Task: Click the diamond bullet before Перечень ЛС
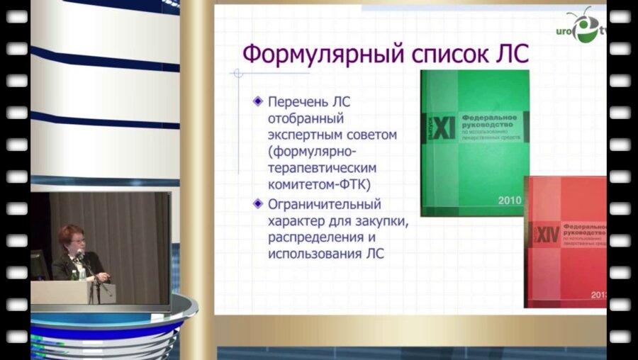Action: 258,101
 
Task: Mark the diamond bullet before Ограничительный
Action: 258,204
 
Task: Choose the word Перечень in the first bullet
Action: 298,101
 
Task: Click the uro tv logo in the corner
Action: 586,28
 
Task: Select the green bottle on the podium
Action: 82,272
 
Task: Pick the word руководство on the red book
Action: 583,232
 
